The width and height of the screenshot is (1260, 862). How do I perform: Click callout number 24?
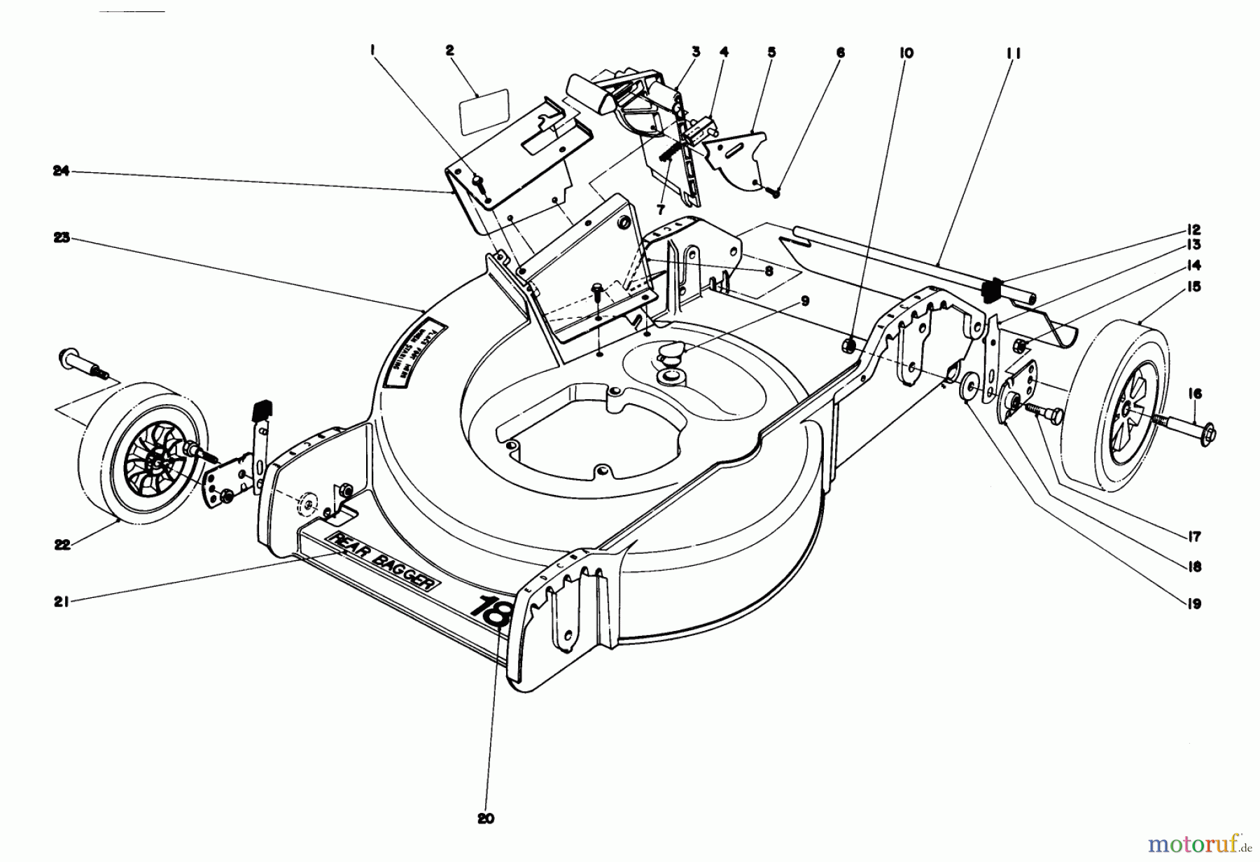pyautogui.click(x=61, y=171)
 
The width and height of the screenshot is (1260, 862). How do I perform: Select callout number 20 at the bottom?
pyautogui.click(x=486, y=818)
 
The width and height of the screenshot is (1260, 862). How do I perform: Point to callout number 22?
pyautogui.click(x=62, y=545)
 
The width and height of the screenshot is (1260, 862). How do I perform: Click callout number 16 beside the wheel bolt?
pyautogui.click(x=1194, y=394)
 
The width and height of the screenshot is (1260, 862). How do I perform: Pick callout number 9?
pyautogui.click(x=804, y=302)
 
